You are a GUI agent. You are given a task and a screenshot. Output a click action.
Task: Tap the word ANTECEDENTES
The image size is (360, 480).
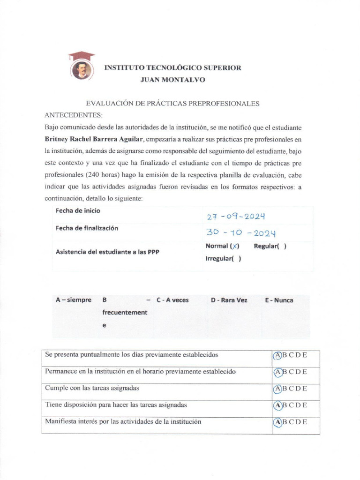coord(73,115)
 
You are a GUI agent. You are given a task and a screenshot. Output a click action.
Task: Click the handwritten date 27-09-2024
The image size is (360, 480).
coord(236,217)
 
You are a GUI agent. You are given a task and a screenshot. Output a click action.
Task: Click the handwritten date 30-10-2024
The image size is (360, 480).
coord(240,233)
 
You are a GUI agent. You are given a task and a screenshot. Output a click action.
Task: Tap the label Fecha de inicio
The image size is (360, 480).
coord(78,211)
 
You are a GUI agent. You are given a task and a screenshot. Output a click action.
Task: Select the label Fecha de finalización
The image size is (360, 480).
coord(87,228)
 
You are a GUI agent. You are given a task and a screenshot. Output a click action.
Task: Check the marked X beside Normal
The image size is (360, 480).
coord(235,247)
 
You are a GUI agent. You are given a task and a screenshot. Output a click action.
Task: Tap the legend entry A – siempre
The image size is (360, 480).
coord(73,300)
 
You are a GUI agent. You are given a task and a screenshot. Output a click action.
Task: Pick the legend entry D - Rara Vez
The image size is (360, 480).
coord(229,300)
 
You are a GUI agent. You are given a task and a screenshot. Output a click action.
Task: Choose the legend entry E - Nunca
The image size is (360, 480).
coord(279,300)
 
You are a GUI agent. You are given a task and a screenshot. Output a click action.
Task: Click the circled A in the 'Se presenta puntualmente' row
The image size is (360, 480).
coord(277,355)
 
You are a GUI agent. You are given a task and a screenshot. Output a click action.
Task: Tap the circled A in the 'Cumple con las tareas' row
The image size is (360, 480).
coord(277,389)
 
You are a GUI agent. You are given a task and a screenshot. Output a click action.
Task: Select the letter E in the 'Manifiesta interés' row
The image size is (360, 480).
coord(304,422)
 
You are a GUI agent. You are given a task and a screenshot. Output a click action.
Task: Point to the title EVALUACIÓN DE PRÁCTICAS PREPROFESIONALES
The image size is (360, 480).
coord(172,104)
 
